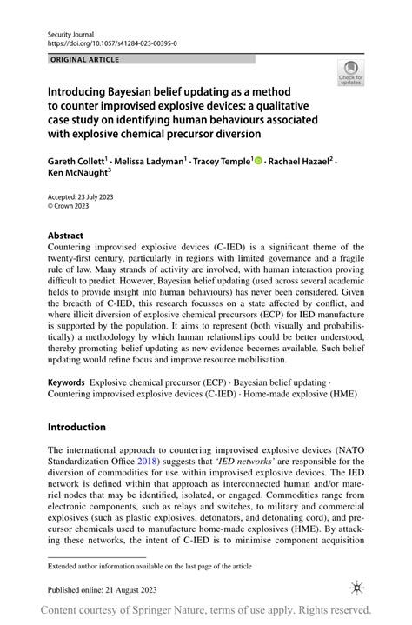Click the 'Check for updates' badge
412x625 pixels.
tap(350, 74)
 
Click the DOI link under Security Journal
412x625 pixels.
tap(105, 43)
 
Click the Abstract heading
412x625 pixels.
tap(66, 235)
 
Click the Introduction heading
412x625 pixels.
tap(76, 427)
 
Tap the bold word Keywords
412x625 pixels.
tap(66, 382)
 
